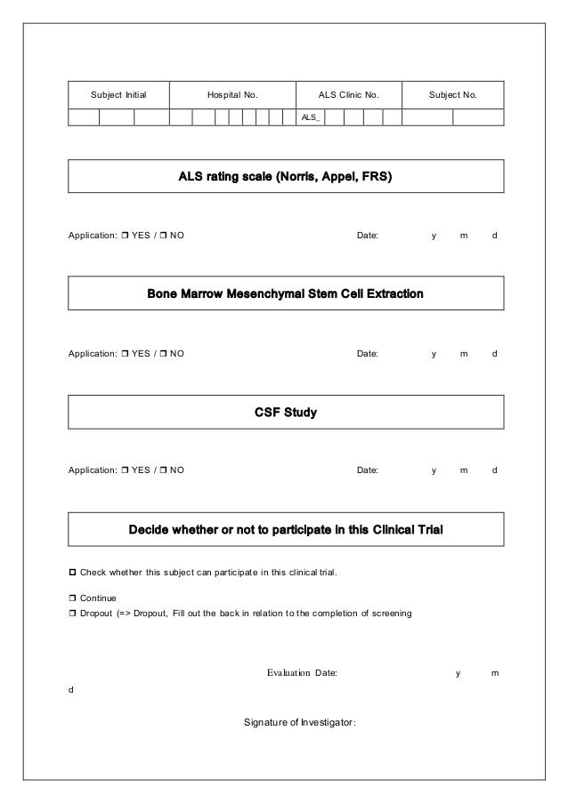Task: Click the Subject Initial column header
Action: pos(118,93)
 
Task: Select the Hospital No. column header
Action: pos(231,93)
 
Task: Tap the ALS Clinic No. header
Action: pos(348,93)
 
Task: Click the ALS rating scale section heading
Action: pos(285,177)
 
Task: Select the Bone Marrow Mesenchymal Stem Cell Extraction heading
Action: pos(285,293)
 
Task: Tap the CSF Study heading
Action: pos(285,412)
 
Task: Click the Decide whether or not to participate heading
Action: pos(285,530)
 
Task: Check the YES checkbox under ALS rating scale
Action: pos(125,236)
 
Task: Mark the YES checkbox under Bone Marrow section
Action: pos(125,353)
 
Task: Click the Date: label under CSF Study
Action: pos(367,470)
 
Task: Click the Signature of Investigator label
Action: pos(299,721)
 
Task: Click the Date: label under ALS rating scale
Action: pos(367,236)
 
